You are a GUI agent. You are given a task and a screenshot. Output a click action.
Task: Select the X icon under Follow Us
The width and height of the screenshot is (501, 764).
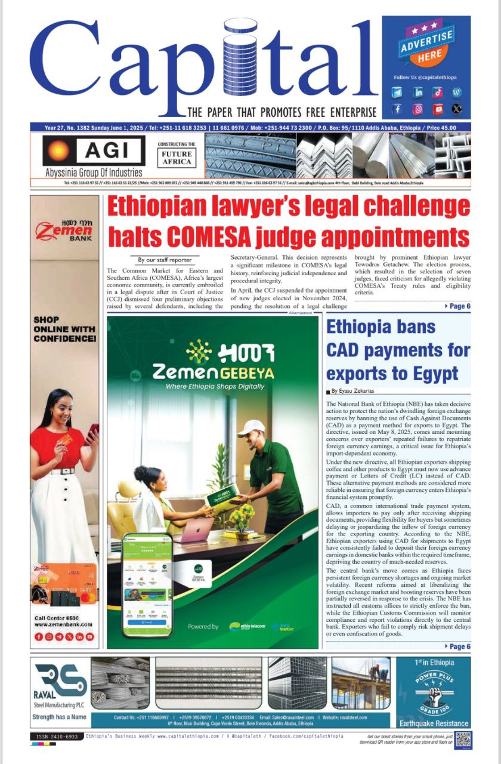(457, 109)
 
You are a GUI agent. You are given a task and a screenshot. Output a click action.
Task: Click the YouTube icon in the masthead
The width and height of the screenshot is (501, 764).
(438, 109)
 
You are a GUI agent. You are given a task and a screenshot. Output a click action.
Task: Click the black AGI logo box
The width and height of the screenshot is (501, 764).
(94, 150)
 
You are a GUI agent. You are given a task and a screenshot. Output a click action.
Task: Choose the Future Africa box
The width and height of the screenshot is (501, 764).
(177, 158)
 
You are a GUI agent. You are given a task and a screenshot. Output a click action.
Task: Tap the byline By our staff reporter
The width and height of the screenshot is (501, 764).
(165, 260)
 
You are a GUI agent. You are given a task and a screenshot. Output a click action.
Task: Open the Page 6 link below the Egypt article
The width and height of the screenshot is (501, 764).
(458, 646)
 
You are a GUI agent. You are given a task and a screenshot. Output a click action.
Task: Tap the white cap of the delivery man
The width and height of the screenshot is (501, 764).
(251, 427)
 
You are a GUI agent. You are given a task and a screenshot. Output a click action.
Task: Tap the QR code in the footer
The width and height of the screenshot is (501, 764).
(463, 740)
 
